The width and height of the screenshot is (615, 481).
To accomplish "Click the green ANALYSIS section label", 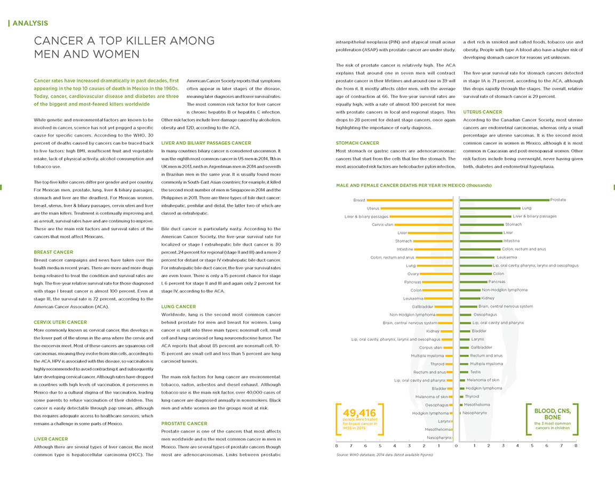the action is click(x=30, y=23).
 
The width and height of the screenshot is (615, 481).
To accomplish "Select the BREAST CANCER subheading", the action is click(x=53, y=252).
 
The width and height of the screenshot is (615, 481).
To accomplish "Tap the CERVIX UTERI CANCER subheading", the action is click(x=60, y=322).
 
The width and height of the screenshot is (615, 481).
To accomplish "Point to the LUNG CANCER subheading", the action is click(x=179, y=307).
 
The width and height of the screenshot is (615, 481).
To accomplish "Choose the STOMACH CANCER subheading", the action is click(x=357, y=143).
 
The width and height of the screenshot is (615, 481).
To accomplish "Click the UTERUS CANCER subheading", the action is click(x=482, y=112).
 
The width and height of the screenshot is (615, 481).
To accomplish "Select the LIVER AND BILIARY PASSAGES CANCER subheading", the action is click(x=206, y=143).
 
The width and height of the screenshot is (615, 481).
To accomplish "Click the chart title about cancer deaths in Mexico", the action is click(x=414, y=186).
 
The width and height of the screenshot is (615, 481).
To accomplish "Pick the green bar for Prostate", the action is click(x=505, y=200).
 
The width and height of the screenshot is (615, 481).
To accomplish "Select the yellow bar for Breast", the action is click(x=410, y=200).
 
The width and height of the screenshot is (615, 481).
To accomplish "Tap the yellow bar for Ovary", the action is click(x=436, y=274).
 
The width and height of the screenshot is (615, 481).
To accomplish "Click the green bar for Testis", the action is click(x=465, y=372).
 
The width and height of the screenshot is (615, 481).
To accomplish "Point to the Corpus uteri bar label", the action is click(x=430, y=348).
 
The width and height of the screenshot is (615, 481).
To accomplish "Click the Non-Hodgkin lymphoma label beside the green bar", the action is click(x=505, y=290).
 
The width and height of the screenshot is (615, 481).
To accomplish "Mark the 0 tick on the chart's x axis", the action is click(x=456, y=446).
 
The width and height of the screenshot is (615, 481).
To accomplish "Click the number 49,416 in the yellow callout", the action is click(x=360, y=413).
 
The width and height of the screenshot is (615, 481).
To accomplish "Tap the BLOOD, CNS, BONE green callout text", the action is click(x=552, y=414).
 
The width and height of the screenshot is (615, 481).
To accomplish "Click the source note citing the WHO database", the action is click(x=385, y=455).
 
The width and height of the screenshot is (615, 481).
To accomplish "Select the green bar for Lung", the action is click(x=490, y=208).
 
